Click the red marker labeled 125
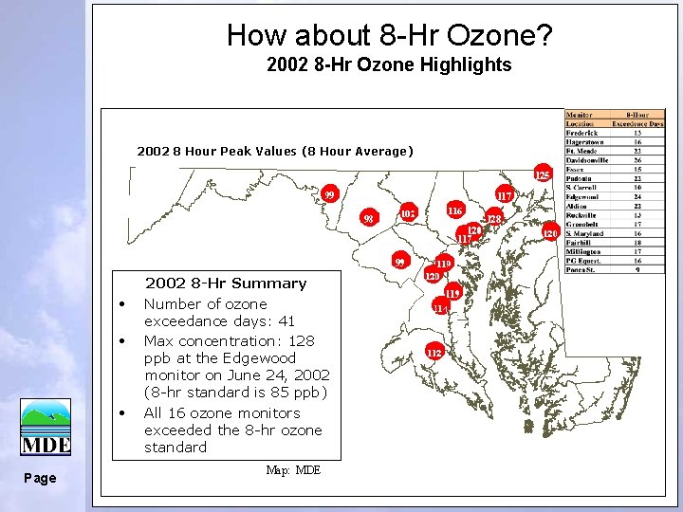point(541,175)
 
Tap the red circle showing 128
point(494,219)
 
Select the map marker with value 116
point(455,210)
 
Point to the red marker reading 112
point(434,353)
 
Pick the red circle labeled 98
point(370,220)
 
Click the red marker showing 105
point(408,213)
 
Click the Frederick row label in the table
point(581,133)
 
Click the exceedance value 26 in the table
point(638,159)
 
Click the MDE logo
point(46,428)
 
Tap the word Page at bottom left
point(40,478)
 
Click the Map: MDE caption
point(293,470)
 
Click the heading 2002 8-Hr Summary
point(226,283)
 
